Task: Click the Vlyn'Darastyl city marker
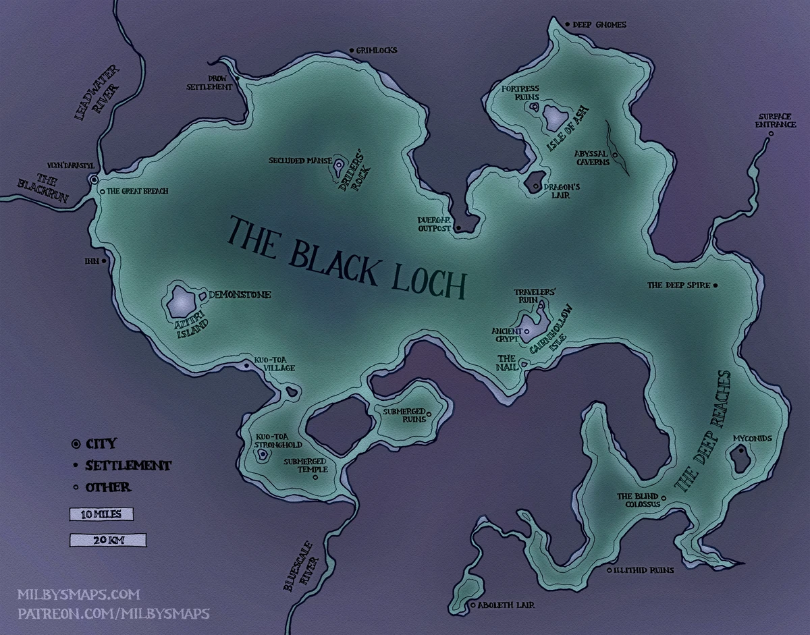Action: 93,180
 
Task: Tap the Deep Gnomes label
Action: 599,25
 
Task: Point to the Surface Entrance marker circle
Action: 770,134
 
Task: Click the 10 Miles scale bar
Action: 101,514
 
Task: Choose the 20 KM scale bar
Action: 107,539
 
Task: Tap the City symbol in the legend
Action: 76,444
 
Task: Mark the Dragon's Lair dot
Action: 535,186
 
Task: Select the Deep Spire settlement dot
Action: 715,285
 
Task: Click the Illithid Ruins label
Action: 643,570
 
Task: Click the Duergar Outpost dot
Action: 458,229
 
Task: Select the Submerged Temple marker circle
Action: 316,477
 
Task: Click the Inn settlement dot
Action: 104,260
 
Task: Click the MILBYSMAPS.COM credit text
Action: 78,595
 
